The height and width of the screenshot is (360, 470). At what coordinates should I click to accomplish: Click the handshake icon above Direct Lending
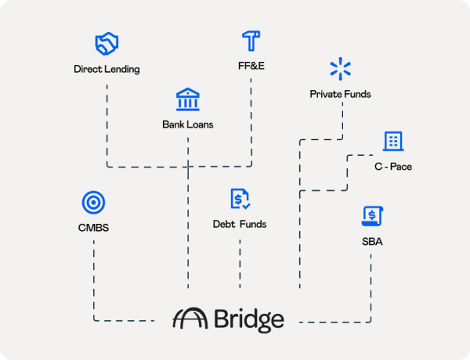107,44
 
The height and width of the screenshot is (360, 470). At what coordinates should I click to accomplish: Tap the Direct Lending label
107,69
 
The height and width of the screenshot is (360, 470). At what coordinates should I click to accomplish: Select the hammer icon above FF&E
251,41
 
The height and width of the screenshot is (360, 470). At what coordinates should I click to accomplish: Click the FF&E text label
251,65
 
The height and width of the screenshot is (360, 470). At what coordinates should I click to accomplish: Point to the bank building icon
187,99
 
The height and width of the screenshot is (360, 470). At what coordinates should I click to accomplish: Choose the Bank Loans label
187,124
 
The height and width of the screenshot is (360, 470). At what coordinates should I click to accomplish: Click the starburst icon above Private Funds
340,69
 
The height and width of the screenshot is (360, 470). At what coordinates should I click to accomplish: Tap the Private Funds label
340,94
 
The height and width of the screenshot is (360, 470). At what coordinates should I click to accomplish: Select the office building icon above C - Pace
392,141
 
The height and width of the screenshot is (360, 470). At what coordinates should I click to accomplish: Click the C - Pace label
392,167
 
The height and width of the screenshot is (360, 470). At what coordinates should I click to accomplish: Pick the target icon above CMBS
93,203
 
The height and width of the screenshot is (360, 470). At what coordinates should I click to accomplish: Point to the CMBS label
93,229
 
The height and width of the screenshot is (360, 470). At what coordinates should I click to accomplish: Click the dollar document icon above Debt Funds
240,200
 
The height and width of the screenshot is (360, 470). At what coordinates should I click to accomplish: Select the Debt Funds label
240,225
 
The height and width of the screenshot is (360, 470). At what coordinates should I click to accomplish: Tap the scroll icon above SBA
372,217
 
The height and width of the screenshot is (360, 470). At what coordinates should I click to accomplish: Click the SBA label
372,242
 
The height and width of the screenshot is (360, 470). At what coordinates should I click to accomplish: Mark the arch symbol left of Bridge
190,319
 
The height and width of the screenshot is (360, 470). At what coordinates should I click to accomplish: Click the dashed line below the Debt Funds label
240,262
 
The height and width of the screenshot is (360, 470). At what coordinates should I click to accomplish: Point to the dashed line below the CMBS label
93,274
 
